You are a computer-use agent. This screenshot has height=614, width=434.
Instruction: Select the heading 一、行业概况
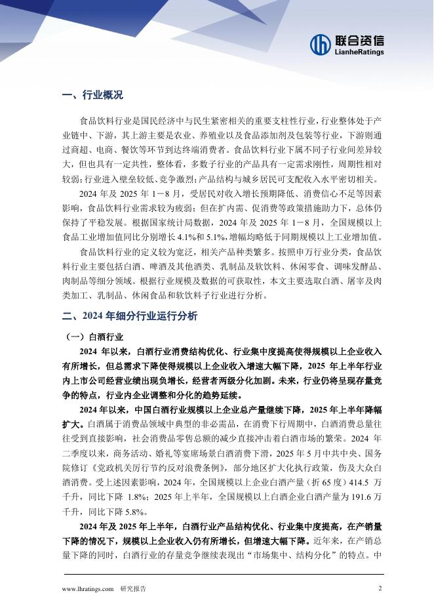(92, 95)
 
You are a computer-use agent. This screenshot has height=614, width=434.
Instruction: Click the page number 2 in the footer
(380, 588)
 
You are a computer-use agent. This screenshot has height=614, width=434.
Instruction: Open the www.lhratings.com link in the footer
(88, 589)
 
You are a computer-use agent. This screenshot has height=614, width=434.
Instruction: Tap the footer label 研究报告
(133, 589)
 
